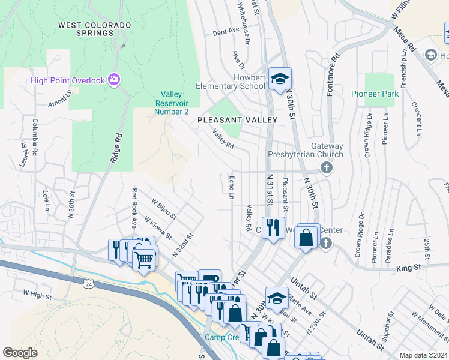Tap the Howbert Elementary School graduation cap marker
pos(279,79)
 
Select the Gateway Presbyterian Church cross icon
pos(326,167)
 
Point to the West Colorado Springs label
pos(95,29)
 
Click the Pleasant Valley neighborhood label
pos(237,120)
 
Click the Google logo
pos(20,353)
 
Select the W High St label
pos(37,294)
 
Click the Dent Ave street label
pos(226,31)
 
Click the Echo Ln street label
pos(232,187)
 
